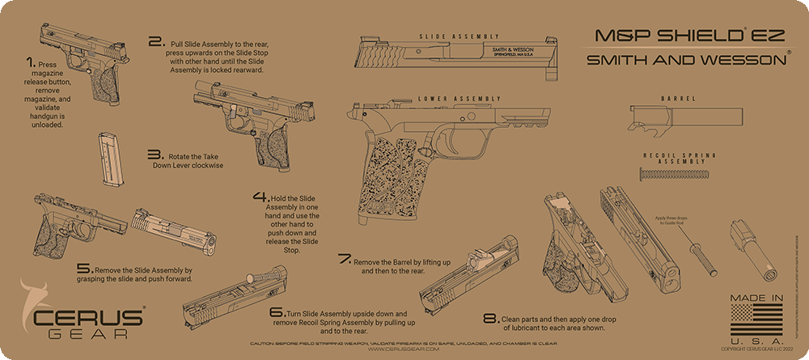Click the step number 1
pos(30,62)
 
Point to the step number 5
pos(84,268)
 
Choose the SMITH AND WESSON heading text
pos(688,60)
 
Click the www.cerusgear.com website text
pos(404,349)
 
